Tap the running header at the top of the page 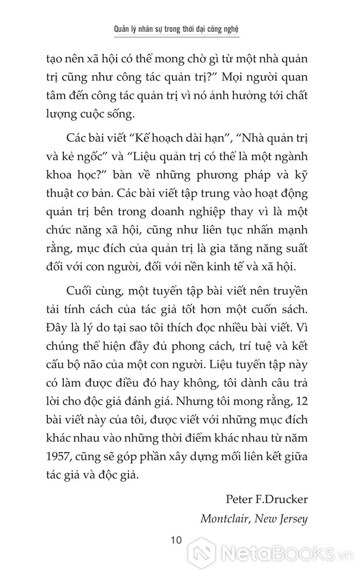pyautogui.click(x=179, y=29)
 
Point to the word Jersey pyautogui.click(x=293, y=518)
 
